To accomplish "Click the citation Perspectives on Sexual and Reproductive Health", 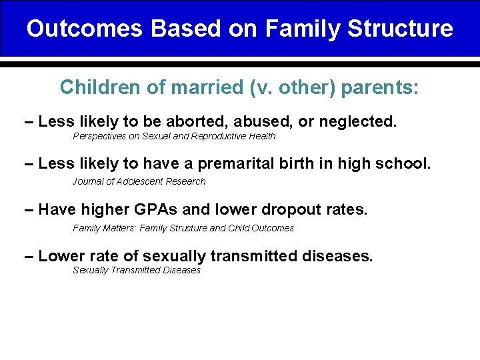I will pyautogui.click(x=173, y=137).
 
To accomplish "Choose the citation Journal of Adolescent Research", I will pyautogui.click(x=139, y=181).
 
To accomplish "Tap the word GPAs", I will pyautogui.click(x=154, y=210).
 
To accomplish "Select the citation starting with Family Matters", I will pyautogui.click(x=183, y=228).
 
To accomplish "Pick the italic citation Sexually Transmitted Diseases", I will pyautogui.click(x=136, y=270).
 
